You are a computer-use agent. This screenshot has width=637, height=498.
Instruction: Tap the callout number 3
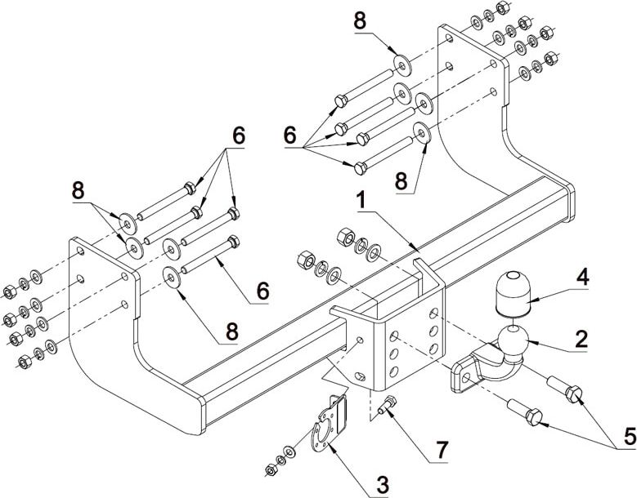pyautogui.click(x=381, y=484)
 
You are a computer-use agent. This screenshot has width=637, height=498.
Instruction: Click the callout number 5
pyautogui.click(x=629, y=438)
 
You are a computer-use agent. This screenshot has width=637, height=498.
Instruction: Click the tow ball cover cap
pyautogui.click(x=511, y=291)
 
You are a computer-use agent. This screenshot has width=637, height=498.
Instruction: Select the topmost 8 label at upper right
pyautogui.click(x=361, y=22)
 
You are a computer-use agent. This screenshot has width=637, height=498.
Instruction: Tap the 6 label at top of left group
pyautogui.click(x=238, y=137)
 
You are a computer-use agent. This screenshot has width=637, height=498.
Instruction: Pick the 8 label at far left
pyautogui.click(x=79, y=189)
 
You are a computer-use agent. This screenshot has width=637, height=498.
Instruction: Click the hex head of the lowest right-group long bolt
pyautogui.click(x=360, y=167)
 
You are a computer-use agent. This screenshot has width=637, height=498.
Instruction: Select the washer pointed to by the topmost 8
pyautogui.click(x=402, y=63)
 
